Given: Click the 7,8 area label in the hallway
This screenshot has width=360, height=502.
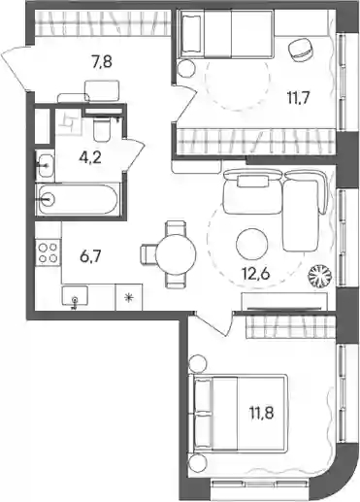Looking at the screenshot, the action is pyautogui.click(x=102, y=61).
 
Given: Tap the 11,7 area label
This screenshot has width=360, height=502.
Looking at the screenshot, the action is pyautogui.click(x=299, y=97).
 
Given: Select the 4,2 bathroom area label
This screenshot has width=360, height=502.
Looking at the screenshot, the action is pyautogui.click(x=90, y=157).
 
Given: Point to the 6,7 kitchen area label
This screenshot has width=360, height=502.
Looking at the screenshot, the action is pyautogui.click(x=90, y=257).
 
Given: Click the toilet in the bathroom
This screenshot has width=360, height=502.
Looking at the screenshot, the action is pyautogui.click(x=102, y=129).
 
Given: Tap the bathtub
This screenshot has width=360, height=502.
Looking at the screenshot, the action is pyautogui.click(x=78, y=200).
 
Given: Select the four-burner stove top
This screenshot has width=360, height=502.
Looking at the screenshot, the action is pyautogui.click(x=49, y=252).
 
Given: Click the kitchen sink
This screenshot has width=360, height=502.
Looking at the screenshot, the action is pyautogui.click(x=75, y=296).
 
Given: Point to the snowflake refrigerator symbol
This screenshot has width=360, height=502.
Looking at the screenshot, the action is pyautogui.click(x=129, y=297).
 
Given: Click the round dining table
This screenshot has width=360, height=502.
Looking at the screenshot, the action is pyautogui.click(x=176, y=254).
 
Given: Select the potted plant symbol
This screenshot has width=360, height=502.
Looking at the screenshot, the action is pyautogui.click(x=320, y=276).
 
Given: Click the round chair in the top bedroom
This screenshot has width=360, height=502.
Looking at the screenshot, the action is pyautogui.click(x=301, y=49).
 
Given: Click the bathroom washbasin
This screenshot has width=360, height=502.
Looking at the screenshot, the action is pyautogui.click(x=46, y=165).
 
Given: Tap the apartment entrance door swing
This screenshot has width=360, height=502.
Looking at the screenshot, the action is pyautogui.click(x=18, y=69).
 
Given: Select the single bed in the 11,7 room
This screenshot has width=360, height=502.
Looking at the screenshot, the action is pyautogui.click(x=226, y=34).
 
